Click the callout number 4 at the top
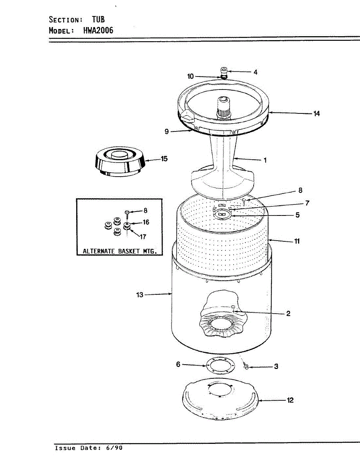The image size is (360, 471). tap(255, 72)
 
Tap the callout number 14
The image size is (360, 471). tap(316, 113)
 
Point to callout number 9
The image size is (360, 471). tap(167, 132)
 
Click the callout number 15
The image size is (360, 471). tap(164, 159)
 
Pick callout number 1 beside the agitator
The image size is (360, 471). tap(265, 160)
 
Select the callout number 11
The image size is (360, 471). tap(297, 241)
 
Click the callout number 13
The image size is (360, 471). tap(140, 294)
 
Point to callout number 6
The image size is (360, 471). tap(178, 365)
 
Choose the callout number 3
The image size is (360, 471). tap(276, 367)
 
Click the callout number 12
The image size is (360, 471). tap(290, 400)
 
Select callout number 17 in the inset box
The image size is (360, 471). tap(143, 237)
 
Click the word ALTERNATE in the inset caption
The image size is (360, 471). tap(99, 251)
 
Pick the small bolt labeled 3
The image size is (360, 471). tap(247, 367)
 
